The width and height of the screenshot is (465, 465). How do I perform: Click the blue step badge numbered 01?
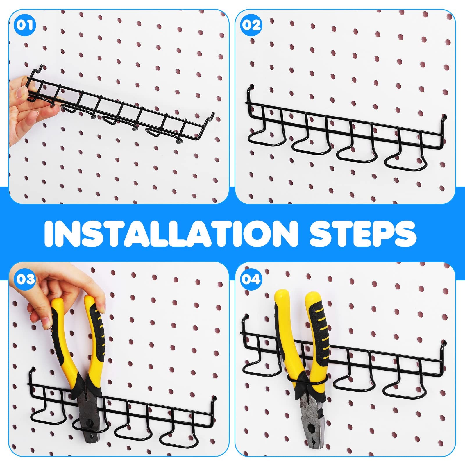point(24,25)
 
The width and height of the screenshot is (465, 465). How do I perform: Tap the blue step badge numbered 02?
point(251,25)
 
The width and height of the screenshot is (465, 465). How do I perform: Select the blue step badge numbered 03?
point(25,279)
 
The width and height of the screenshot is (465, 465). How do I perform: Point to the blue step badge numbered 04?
point(251,279)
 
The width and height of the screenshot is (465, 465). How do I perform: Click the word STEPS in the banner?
point(363,234)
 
